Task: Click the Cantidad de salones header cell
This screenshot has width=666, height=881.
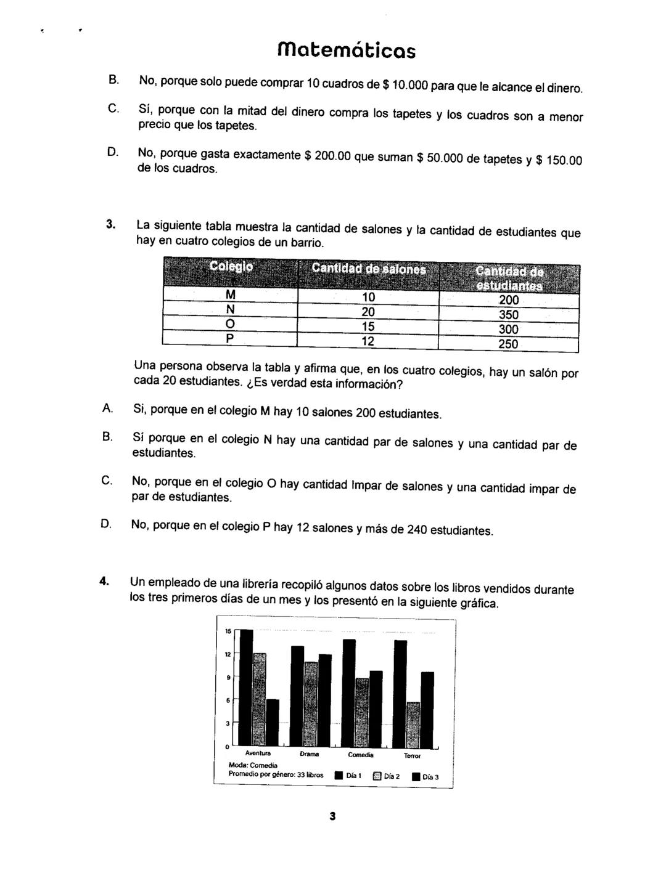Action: point(368,269)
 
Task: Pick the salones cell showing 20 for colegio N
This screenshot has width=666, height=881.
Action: point(368,312)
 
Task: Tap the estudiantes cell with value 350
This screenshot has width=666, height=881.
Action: point(508,315)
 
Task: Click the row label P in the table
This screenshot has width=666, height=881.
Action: point(230,339)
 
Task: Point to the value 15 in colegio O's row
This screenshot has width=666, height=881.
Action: point(368,326)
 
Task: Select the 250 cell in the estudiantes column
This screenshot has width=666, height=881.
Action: point(508,344)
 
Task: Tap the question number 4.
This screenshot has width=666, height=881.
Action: point(105,580)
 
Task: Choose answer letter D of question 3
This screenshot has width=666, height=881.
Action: point(106,524)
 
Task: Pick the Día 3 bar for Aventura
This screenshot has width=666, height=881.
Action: point(272,722)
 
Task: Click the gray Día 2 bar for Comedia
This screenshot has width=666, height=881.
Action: point(363,712)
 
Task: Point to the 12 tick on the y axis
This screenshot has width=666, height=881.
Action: point(228,654)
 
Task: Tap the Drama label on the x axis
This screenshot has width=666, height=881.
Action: point(310,754)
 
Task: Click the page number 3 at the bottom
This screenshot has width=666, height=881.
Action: point(332,817)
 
